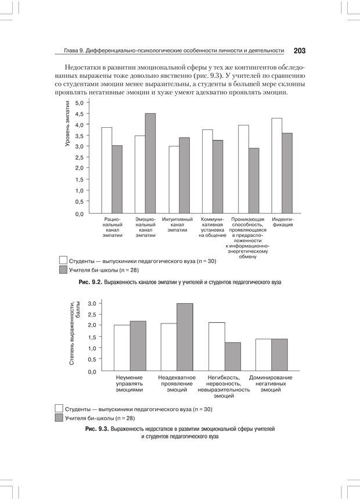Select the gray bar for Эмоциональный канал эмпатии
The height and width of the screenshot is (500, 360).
tap(150, 163)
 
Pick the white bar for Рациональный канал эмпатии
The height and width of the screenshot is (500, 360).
tap(106, 170)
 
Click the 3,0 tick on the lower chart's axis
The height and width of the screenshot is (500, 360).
tap(91, 303)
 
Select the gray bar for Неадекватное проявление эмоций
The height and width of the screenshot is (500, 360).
tap(185, 337)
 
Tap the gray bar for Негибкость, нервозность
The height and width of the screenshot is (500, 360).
tap(232, 356)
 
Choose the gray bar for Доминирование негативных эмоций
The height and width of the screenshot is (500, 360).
tap(279, 354)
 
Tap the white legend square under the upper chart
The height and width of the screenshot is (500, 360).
tap(64, 261)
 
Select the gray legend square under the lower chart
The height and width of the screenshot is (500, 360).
tap(59, 418)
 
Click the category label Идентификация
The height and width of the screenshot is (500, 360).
tap(282, 222)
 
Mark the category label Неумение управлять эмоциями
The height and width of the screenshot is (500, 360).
tap(129, 384)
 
